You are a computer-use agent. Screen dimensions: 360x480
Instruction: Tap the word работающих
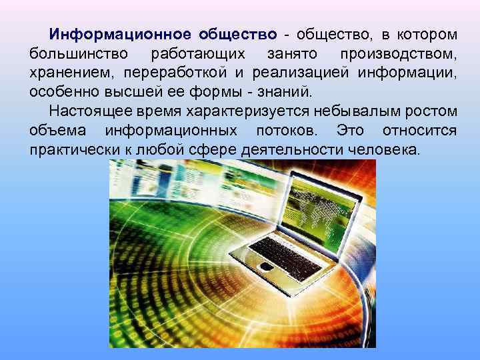coord(198,53)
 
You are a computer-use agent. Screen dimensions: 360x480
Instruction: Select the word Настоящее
coord(82,111)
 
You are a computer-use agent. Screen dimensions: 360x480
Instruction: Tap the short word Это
coord(351,130)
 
